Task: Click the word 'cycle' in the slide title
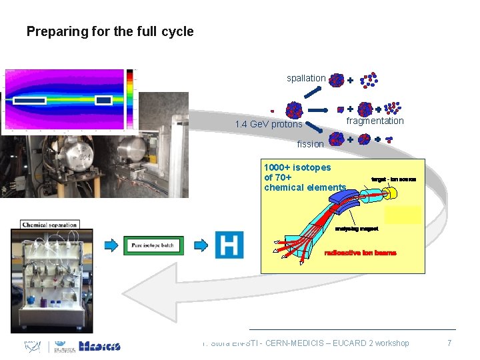pyautogui.click(x=177, y=31)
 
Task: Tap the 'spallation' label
pyautogui.click(x=306, y=78)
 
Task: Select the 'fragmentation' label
pyautogui.click(x=375, y=121)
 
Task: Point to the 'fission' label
pyautogui.click(x=310, y=143)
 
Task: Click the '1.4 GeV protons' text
pyautogui.click(x=269, y=124)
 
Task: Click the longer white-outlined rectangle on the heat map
pyautogui.click(x=31, y=101)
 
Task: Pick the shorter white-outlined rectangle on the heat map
pyautogui.click(x=103, y=100)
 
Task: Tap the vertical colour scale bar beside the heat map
pyautogui.click(x=131, y=99)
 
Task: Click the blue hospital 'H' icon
pyautogui.click(x=229, y=245)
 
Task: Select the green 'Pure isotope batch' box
pyautogui.click(x=153, y=245)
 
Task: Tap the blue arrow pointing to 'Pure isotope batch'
pyautogui.click(x=112, y=245)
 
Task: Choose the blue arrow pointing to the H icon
pyautogui.click(x=201, y=245)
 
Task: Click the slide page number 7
pyautogui.click(x=449, y=343)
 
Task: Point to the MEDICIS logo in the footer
pyautogui.click(x=99, y=346)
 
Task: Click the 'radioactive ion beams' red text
pyautogui.click(x=360, y=253)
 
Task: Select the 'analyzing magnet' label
pyautogui.click(x=356, y=228)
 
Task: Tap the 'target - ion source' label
pyautogui.click(x=393, y=179)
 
